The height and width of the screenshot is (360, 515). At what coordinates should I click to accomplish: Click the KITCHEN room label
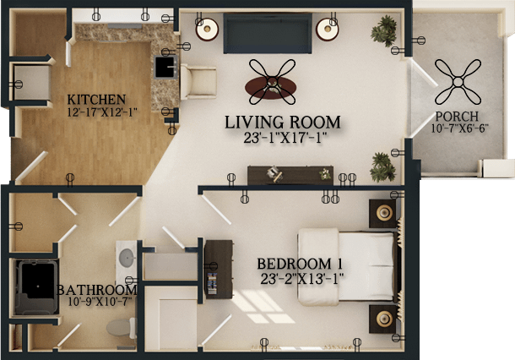click(96, 99)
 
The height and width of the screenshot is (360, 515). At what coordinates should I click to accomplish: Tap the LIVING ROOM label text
click(283, 123)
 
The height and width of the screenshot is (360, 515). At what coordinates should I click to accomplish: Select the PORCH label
click(457, 117)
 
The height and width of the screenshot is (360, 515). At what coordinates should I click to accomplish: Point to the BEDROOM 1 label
click(300, 264)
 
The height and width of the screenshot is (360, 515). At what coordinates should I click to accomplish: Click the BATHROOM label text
click(97, 290)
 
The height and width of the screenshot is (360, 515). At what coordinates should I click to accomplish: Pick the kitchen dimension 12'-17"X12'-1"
click(102, 112)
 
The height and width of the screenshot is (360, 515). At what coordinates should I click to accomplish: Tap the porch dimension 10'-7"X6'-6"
click(460, 128)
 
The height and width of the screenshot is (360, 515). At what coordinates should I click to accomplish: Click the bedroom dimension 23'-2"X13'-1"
click(302, 279)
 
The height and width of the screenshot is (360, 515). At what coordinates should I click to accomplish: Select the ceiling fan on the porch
click(458, 81)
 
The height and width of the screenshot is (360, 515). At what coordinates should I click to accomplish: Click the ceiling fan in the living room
click(272, 82)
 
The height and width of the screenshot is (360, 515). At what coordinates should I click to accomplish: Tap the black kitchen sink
click(165, 68)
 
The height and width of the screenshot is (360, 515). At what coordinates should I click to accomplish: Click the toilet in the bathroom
click(122, 327)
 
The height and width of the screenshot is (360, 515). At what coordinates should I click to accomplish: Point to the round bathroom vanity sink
click(127, 258)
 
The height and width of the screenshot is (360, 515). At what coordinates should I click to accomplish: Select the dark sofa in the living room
click(268, 33)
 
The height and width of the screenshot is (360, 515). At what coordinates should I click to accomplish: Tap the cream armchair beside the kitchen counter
click(198, 82)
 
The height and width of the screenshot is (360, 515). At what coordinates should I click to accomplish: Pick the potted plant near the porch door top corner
click(384, 31)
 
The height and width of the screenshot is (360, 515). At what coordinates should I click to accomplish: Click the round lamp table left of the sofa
click(207, 30)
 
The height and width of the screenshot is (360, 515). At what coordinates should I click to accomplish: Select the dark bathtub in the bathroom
click(36, 287)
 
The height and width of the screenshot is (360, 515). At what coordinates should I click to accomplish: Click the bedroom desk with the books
click(219, 270)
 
